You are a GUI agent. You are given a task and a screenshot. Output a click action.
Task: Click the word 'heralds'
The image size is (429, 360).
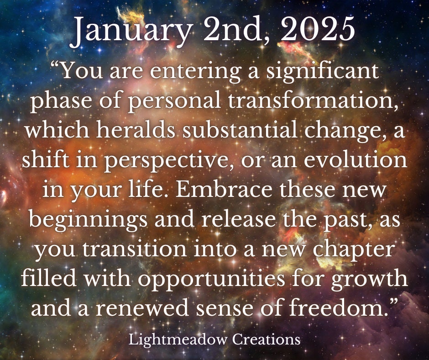click(136, 130)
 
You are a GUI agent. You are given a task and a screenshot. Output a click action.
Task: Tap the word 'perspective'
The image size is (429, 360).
click(166, 161)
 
